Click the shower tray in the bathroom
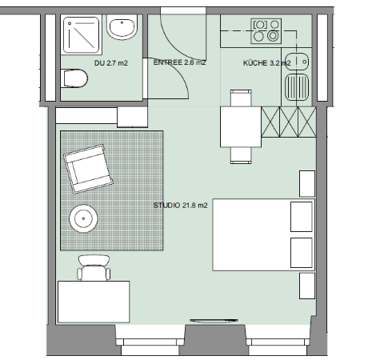pyautogui.click(x=82, y=34)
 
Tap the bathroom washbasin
pyautogui.click(x=122, y=27)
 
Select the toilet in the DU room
pyautogui.click(x=74, y=78)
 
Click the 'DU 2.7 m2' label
pyautogui.click(x=111, y=63)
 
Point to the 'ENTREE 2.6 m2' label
pyautogui.click(x=179, y=62)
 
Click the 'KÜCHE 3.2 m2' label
pyautogui.click(x=266, y=63)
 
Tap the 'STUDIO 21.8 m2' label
pyautogui.click(x=180, y=206)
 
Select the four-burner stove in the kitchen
pyautogui.click(x=266, y=31)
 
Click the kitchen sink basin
pyautogui.click(x=297, y=62)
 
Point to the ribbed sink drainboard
pyautogui.click(x=297, y=86)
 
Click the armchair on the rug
pyautogui.click(x=88, y=169)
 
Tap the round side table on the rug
pyautogui.click(x=83, y=218)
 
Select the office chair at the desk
pyautogui.click(x=94, y=268)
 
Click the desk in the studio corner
pyautogui.click(x=94, y=302)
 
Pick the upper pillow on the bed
pyautogui.click(x=302, y=217)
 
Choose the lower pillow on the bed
pyautogui.click(x=302, y=253)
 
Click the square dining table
pyautogui.click(x=241, y=126)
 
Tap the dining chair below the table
pyautogui.click(x=241, y=155)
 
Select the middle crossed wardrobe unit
pyautogui.click(x=289, y=122)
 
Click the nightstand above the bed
pyautogui.click(x=307, y=184)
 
